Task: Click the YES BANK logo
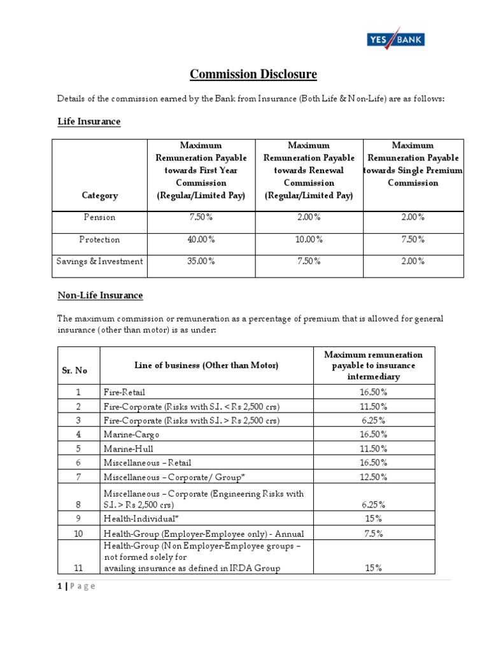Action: (395, 40)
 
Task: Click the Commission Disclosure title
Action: (253, 74)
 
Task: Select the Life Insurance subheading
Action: (89, 121)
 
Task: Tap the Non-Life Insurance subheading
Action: (100, 295)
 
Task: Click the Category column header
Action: (99, 196)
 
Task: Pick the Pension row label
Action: (99, 217)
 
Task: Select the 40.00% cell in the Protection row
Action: (201, 239)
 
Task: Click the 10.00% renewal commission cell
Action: (309, 239)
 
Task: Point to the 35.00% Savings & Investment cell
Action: (201, 261)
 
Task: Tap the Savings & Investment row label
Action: (99, 261)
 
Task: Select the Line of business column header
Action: (206, 365)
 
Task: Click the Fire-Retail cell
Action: (125, 392)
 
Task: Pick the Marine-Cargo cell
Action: (131, 434)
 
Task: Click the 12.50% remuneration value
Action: (373, 476)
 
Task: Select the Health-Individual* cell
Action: (136, 518)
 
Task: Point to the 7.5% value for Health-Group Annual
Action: (373, 533)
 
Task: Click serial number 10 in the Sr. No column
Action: (78, 533)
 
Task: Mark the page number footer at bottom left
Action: (74, 586)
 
